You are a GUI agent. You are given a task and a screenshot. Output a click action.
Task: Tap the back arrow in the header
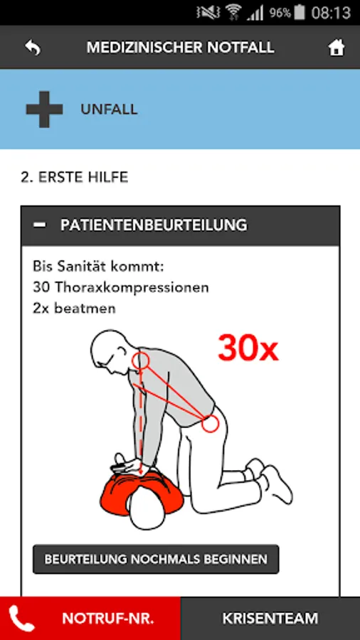pyautogui.click(x=33, y=48)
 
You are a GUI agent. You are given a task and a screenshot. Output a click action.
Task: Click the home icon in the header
pyautogui.click(x=337, y=48)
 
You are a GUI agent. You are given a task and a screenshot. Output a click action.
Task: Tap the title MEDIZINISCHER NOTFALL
pyautogui.click(x=180, y=48)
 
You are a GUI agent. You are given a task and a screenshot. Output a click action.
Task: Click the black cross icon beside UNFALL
pyautogui.click(x=45, y=110)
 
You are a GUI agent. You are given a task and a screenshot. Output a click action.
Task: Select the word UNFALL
pyautogui.click(x=109, y=110)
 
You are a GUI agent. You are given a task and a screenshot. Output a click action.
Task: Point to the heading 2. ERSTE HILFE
pyautogui.click(x=74, y=177)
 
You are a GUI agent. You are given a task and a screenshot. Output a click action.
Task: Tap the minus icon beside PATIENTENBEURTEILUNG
pyautogui.click(x=40, y=225)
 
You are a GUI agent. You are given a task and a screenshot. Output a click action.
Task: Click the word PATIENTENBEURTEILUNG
pyautogui.click(x=154, y=225)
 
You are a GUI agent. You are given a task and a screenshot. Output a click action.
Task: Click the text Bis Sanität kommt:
pyautogui.click(x=98, y=267)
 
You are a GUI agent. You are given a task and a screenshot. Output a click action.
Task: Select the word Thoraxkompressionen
pyautogui.click(x=132, y=288)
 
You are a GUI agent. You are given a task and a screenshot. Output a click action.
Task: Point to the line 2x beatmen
pyautogui.click(x=74, y=308)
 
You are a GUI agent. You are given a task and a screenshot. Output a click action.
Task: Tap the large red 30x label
pyautogui.click(x=248, y=349)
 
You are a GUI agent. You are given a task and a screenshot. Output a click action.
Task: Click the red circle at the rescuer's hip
pyautogui.click(x=211, y=424)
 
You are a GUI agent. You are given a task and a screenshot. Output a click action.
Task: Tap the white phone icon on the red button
pyautogui.click(x=22, y=619)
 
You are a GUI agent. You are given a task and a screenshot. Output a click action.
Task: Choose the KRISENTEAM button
pyautogui.click(x=270, y=619)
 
